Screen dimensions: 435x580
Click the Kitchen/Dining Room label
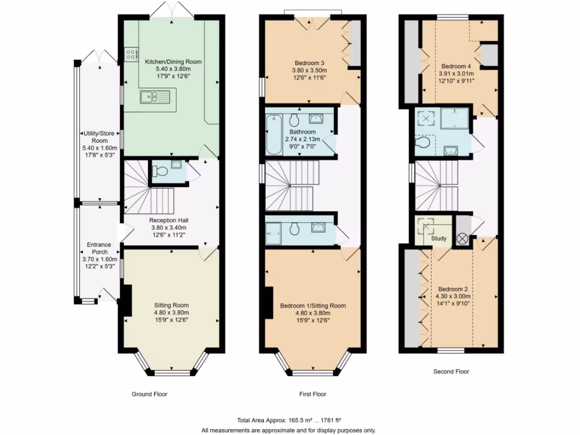[x=173, y=62]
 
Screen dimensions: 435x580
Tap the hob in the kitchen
[x=131, y=55]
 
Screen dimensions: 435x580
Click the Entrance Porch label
[x=99, y=249]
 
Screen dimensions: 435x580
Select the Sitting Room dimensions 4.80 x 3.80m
[x=172, y=312]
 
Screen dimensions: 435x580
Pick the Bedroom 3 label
[x=309, y=63]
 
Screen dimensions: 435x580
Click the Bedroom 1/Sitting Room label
[x=313, y=306]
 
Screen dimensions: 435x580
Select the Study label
[x=439, y=238]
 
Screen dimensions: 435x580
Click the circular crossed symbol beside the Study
[x=462, y=238]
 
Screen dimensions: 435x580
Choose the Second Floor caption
[x=451, y=372]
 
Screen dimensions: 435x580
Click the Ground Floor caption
[x=150, y=394]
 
